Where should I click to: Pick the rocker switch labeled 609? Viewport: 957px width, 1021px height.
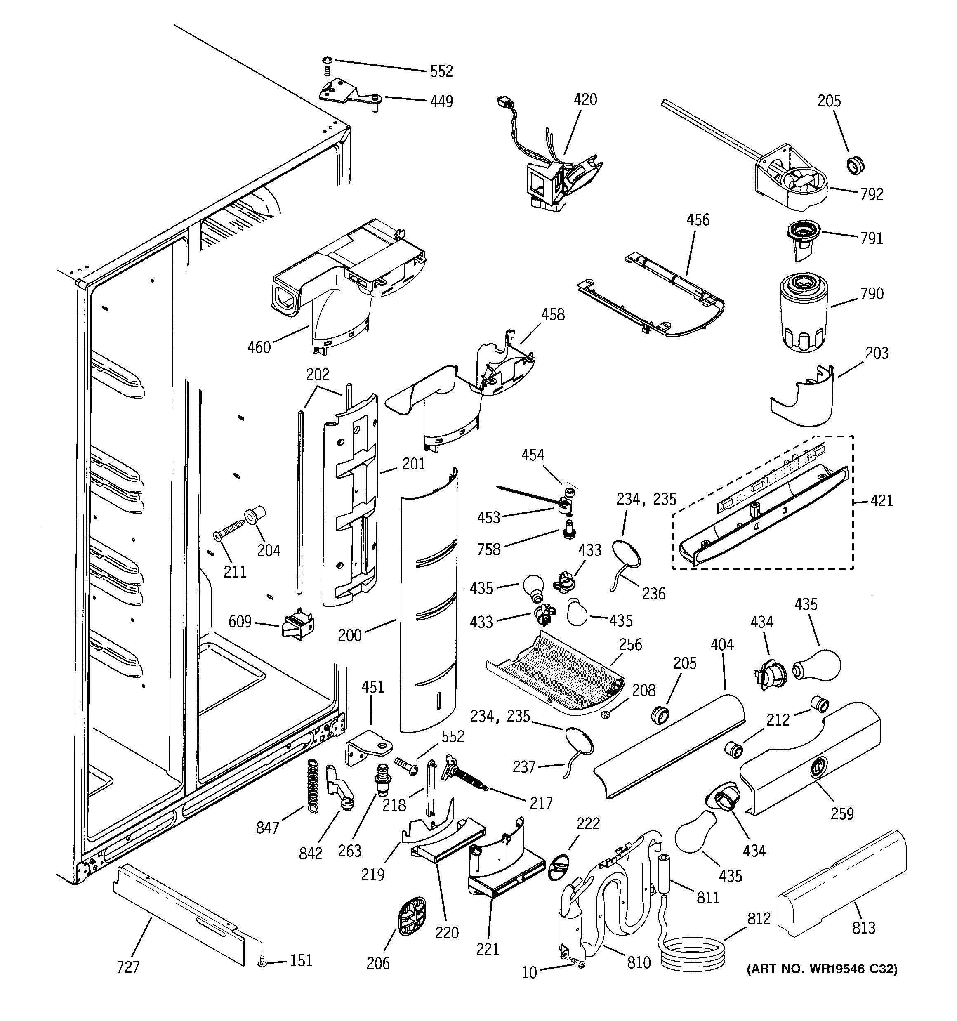[297, 625]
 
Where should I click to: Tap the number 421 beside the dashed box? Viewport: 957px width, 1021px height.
[882, 500]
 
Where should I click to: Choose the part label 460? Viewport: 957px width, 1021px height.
[259, 348]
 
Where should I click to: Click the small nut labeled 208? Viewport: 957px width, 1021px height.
[606, 714]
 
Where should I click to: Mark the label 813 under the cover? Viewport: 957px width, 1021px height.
[863, 927]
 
